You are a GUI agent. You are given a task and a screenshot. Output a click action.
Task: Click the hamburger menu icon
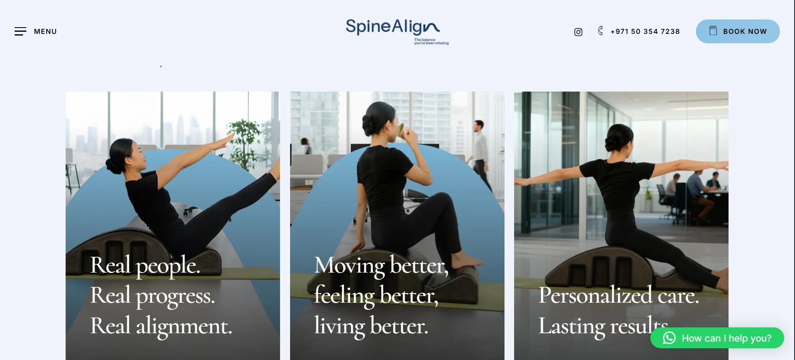coord(20,31)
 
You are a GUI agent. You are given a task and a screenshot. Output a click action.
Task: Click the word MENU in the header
coord(45,31)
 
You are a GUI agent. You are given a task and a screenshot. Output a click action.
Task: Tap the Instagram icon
coord(578,32)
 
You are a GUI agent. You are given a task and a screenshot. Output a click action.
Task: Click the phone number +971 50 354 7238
coord(645,31)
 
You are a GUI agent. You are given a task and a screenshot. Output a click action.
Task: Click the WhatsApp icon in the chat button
coord(669,338)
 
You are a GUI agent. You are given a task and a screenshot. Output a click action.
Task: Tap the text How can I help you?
coord(726,338)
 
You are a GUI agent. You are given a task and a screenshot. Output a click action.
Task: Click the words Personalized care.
coord(619,296)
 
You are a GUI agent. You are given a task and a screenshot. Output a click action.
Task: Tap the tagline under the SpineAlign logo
coord(431,41)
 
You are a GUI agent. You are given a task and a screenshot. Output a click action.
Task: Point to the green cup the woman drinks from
coord(402,131)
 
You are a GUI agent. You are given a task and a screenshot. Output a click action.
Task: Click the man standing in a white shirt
coord(480,155)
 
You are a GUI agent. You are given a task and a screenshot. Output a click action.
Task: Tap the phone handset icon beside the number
coord(600,31)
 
